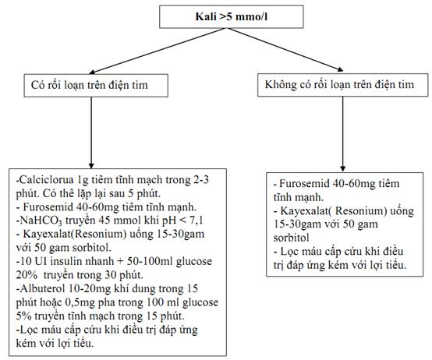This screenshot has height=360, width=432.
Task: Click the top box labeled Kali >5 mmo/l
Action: click(x=232, y=16)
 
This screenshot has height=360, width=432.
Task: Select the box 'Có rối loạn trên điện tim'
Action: click(x=96, y=85)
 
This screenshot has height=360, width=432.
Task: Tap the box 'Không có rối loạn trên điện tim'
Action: click(x=343, y=85)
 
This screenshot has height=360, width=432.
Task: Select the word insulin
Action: click(x=73, y=262)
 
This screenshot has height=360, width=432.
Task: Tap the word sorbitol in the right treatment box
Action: click(x=291, y=238)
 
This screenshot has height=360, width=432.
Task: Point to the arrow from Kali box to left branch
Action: click(x=158, y=51)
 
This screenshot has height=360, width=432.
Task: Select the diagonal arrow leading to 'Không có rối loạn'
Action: click(x=285, y=50)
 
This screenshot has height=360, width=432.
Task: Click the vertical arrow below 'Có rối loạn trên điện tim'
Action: click(x=91, y=132)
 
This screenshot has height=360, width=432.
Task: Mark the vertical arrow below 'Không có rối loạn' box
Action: click(x=343, y=134)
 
